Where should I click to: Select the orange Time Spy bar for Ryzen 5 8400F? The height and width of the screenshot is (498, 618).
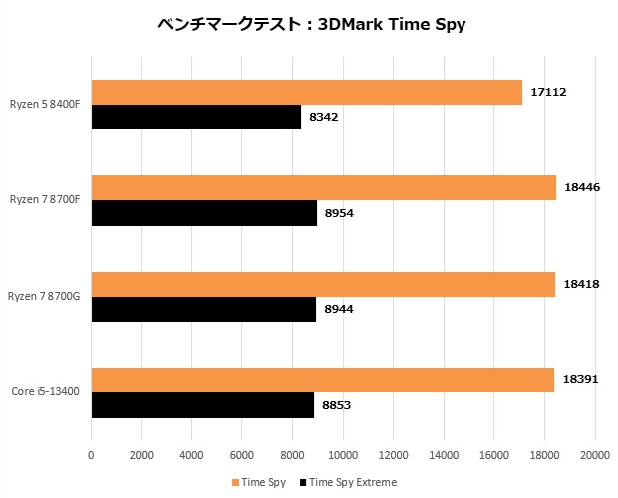point(306,92)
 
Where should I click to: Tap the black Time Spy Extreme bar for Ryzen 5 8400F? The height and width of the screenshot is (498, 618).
point(195,117)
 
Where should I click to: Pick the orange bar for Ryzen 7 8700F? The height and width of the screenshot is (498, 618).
point(323,187)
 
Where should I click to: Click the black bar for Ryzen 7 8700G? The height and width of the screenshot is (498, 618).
point(203,309)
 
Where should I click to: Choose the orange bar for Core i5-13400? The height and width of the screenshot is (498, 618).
point(322,379)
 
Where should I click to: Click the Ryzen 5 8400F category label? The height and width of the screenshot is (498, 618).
point(46,104)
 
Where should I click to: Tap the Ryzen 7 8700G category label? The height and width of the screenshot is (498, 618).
point(45,297)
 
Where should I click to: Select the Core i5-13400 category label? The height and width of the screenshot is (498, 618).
point(46,392)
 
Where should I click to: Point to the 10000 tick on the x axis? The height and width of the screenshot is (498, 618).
point(343,456)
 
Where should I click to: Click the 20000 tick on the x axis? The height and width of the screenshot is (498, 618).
point(595,456)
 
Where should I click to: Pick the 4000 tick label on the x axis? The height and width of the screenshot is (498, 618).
point(191,456)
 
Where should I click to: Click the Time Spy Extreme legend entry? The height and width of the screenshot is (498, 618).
point(352,483)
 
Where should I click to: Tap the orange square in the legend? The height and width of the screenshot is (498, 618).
point(235,483)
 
